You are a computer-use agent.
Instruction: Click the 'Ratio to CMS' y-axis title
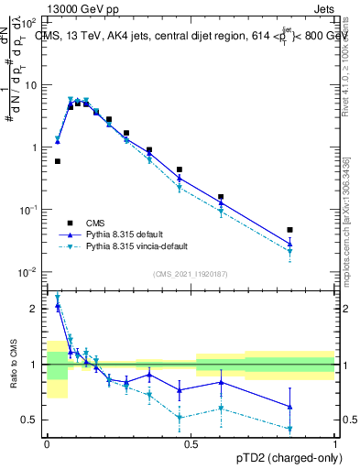[12, 365]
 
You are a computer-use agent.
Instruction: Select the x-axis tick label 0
[47, 443]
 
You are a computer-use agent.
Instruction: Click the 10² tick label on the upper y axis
[30, 21]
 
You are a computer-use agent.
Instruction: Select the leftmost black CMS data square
[58, 161]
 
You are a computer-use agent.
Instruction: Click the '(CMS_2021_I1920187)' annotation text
[191, 274]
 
